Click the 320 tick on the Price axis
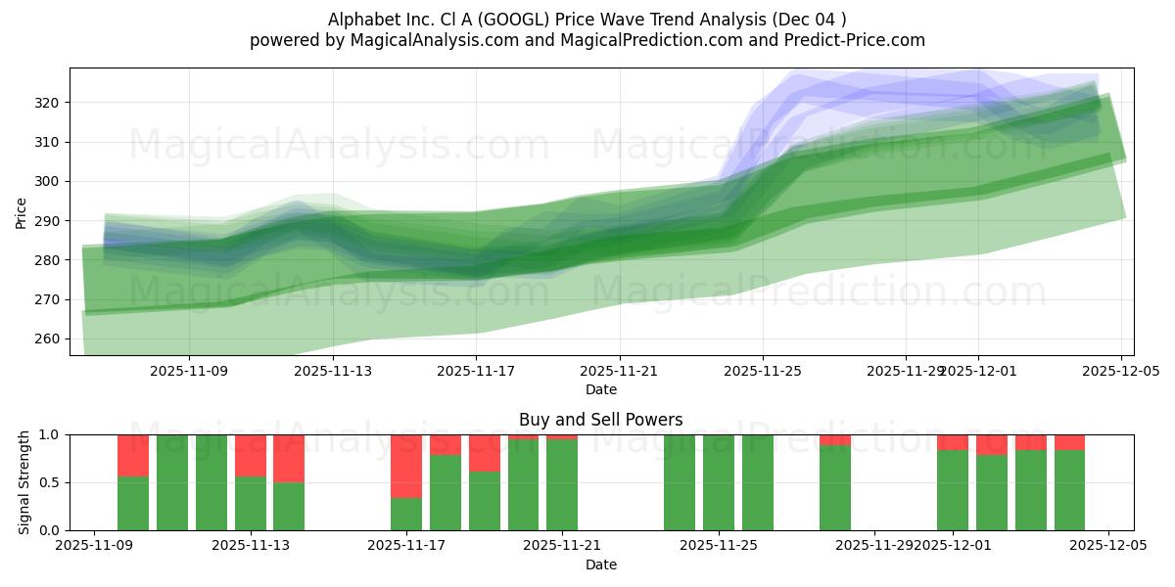click(x=48, y=103)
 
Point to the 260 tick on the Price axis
click(x=48, y=339)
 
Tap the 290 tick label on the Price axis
click(x=48, y=221)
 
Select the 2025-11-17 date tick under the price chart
click(x=476, y=372)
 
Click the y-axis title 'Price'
click(x=22, y=211)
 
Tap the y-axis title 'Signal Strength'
click(x=24, y=482)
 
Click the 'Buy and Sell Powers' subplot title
click(x=600, y=420)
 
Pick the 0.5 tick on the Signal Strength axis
click(x=48, y=482)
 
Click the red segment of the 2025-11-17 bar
click(x=406, y=466)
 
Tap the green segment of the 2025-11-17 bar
click(x=406, y=514)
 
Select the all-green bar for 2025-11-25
click(x=719, y=482)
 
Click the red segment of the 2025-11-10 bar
click(x=133, y=455)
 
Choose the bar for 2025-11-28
click(x=835, y=487)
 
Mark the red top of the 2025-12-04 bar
click(x=1069, y=442)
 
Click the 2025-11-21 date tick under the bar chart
click(x=562, y=546)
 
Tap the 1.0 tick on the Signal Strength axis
click(x=48, y=434)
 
